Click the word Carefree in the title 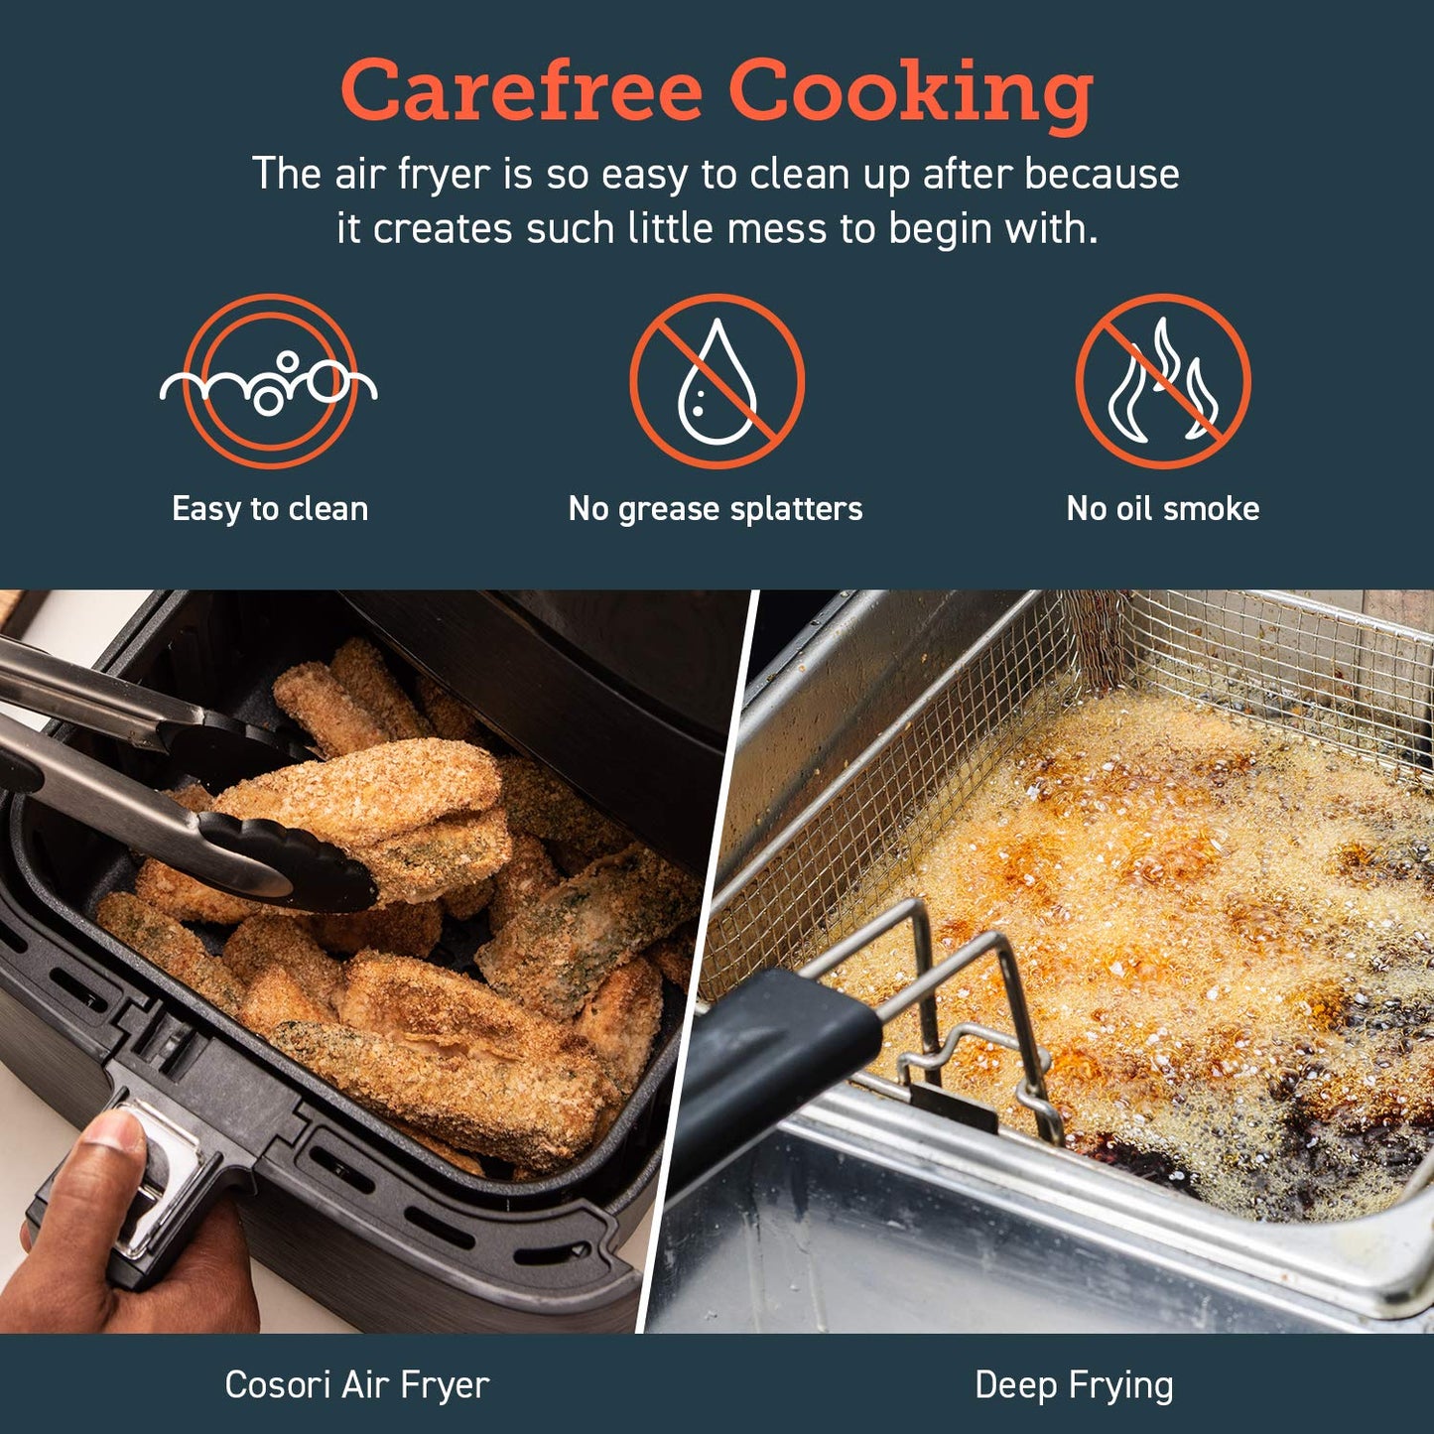[x=521, y=90]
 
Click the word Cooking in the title [x=910, y=92]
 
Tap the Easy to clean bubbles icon [x=269, y=381]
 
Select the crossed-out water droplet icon [x=717, y=381]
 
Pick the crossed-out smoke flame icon [x=1163, y=381]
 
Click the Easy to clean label [x=270, y=509]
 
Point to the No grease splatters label [x=716, y=509]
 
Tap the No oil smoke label [x=1163, y=509]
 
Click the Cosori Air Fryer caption [x=357, y=1384]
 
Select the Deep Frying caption [x=1074, y=1384]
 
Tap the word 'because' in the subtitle [x=1102, y=174]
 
